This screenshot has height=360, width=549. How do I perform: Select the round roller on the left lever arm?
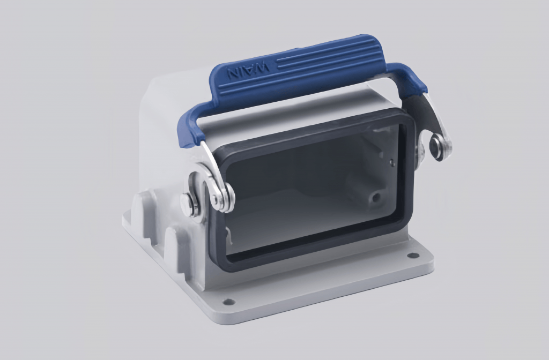[x=222, y=196]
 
